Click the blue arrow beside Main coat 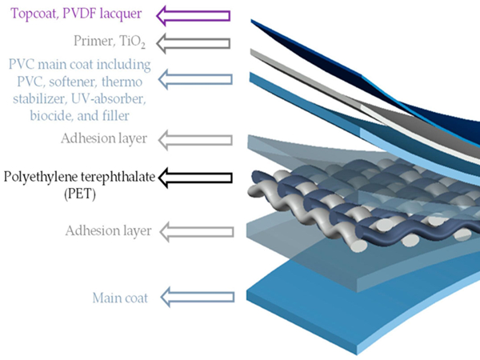[196, 298]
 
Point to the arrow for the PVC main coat [196, 78]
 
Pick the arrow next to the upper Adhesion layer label [196, 138]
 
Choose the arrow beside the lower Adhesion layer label [196, 231]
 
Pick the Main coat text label [114, 298]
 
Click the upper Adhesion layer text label [103, 138]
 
